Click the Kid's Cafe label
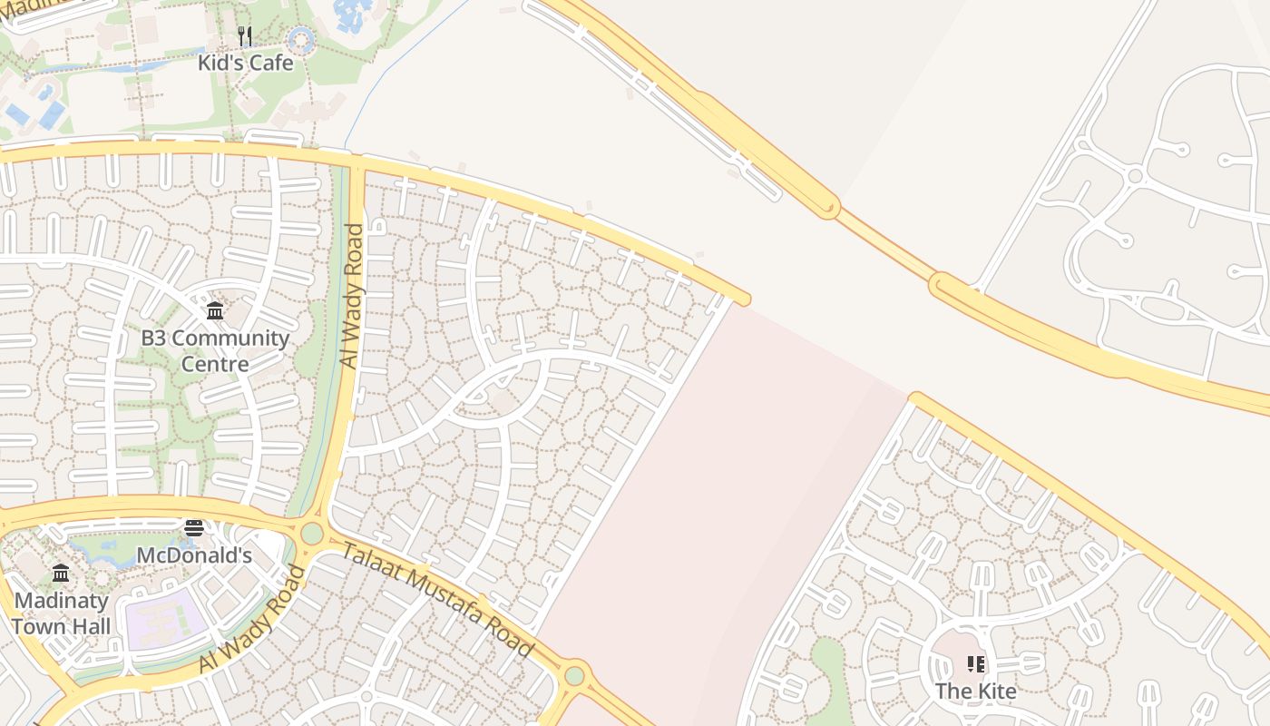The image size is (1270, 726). [246, 63]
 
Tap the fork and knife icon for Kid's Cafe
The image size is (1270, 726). [244, 36]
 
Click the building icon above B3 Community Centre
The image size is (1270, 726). [215, 311]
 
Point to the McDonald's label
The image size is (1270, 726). [194, 554]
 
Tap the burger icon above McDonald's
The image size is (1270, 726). [194, 528]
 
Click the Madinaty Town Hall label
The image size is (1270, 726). [62, 613]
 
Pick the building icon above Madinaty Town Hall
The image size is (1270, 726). [61, 574]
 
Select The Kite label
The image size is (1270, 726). [975, 691]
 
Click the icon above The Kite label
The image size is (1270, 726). [975, 664]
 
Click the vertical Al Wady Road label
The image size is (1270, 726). [351, 296]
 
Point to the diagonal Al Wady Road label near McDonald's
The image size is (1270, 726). [251, 620]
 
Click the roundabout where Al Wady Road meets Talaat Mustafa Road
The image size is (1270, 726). [312, 534]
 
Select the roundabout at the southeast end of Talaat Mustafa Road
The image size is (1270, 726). [574, 675]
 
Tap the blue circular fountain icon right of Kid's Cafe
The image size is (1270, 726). [300, 39]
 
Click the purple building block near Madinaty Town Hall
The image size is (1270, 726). [164, 620]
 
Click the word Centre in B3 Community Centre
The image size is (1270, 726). [215, 364]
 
